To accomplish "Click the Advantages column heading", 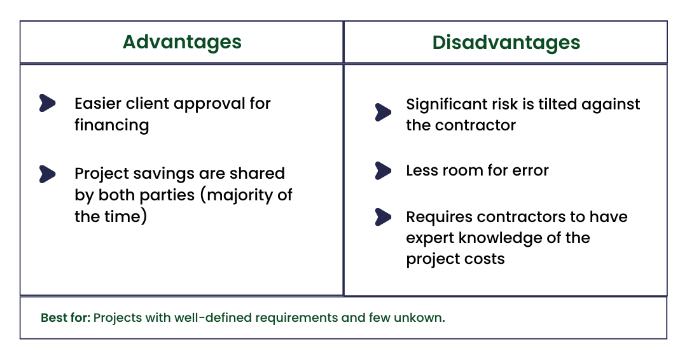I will coord(182,43).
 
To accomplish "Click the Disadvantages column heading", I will coord(506,43).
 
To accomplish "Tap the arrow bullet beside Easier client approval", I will coord(48,103).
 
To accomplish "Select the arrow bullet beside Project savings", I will coord(48,173).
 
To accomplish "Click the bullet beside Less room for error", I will coord(383,170).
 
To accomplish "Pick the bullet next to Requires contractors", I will coord(383,217).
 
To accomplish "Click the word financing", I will coord(111,125).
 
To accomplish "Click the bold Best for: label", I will coord(66,317).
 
